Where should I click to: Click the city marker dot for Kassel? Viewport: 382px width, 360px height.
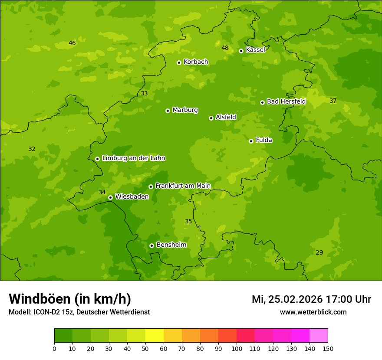(241, 51)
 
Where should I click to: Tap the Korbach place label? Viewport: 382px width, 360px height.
(196, 62)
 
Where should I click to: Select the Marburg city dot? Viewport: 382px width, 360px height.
(168, 111)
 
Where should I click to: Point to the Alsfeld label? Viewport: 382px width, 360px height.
(226, 117)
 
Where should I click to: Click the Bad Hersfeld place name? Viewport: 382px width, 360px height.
(286, 101)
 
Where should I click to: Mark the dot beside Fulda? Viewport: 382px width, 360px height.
(251, 141)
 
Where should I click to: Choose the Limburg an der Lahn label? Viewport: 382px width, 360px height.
(133, 158)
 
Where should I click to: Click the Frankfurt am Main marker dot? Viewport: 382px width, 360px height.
(151, 187)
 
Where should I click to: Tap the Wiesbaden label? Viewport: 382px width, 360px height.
(132, 197)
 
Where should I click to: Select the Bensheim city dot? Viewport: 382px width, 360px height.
(151, 245)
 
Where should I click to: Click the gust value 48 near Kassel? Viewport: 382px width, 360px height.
(225, 48)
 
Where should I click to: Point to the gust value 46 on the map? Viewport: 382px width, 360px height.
(72, 43)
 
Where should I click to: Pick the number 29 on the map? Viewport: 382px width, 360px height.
(319, 253)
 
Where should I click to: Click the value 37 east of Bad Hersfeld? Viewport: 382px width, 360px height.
(333, 101)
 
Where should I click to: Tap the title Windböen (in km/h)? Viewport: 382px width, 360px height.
(69, 299)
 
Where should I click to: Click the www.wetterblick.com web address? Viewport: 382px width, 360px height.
(313, 312)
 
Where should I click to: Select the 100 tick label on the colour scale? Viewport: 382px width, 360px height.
(237, 348)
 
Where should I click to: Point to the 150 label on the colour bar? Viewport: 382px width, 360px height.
(328, 348)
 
